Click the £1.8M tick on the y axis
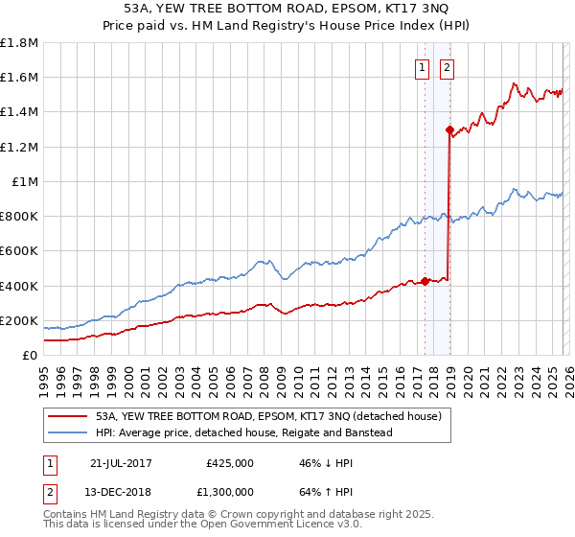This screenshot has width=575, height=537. point(19,43)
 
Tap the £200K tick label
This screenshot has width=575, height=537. point(19,320)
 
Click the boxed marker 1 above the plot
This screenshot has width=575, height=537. point(423,67)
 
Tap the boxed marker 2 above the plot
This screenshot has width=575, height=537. point(448,67)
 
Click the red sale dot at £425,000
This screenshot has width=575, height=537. point(425,281)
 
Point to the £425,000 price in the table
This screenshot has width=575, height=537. point(230,463)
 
